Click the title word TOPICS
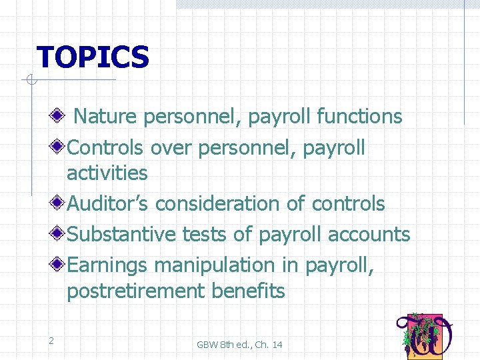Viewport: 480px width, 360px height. pos(93,57)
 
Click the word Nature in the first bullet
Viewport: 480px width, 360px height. pos(105,117)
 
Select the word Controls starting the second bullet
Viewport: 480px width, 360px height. pos(107,147)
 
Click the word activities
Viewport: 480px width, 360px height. pos(107,173)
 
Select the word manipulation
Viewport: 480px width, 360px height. pos(215,265)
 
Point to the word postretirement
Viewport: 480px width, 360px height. pos(136,291)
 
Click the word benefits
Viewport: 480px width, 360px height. pos(248,291)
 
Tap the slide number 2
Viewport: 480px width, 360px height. pos(51,341)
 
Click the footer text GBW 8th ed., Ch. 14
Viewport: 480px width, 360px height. pos(239,345)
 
